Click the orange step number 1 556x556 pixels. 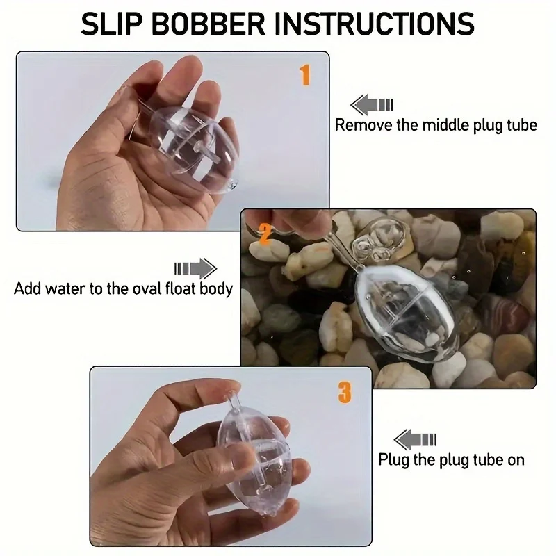pyautogui.click(x=304, y=74)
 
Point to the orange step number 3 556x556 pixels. pyautogui.click(x=345, y=392)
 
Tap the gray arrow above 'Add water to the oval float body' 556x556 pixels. pyautogui.click(x=195, y=268)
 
